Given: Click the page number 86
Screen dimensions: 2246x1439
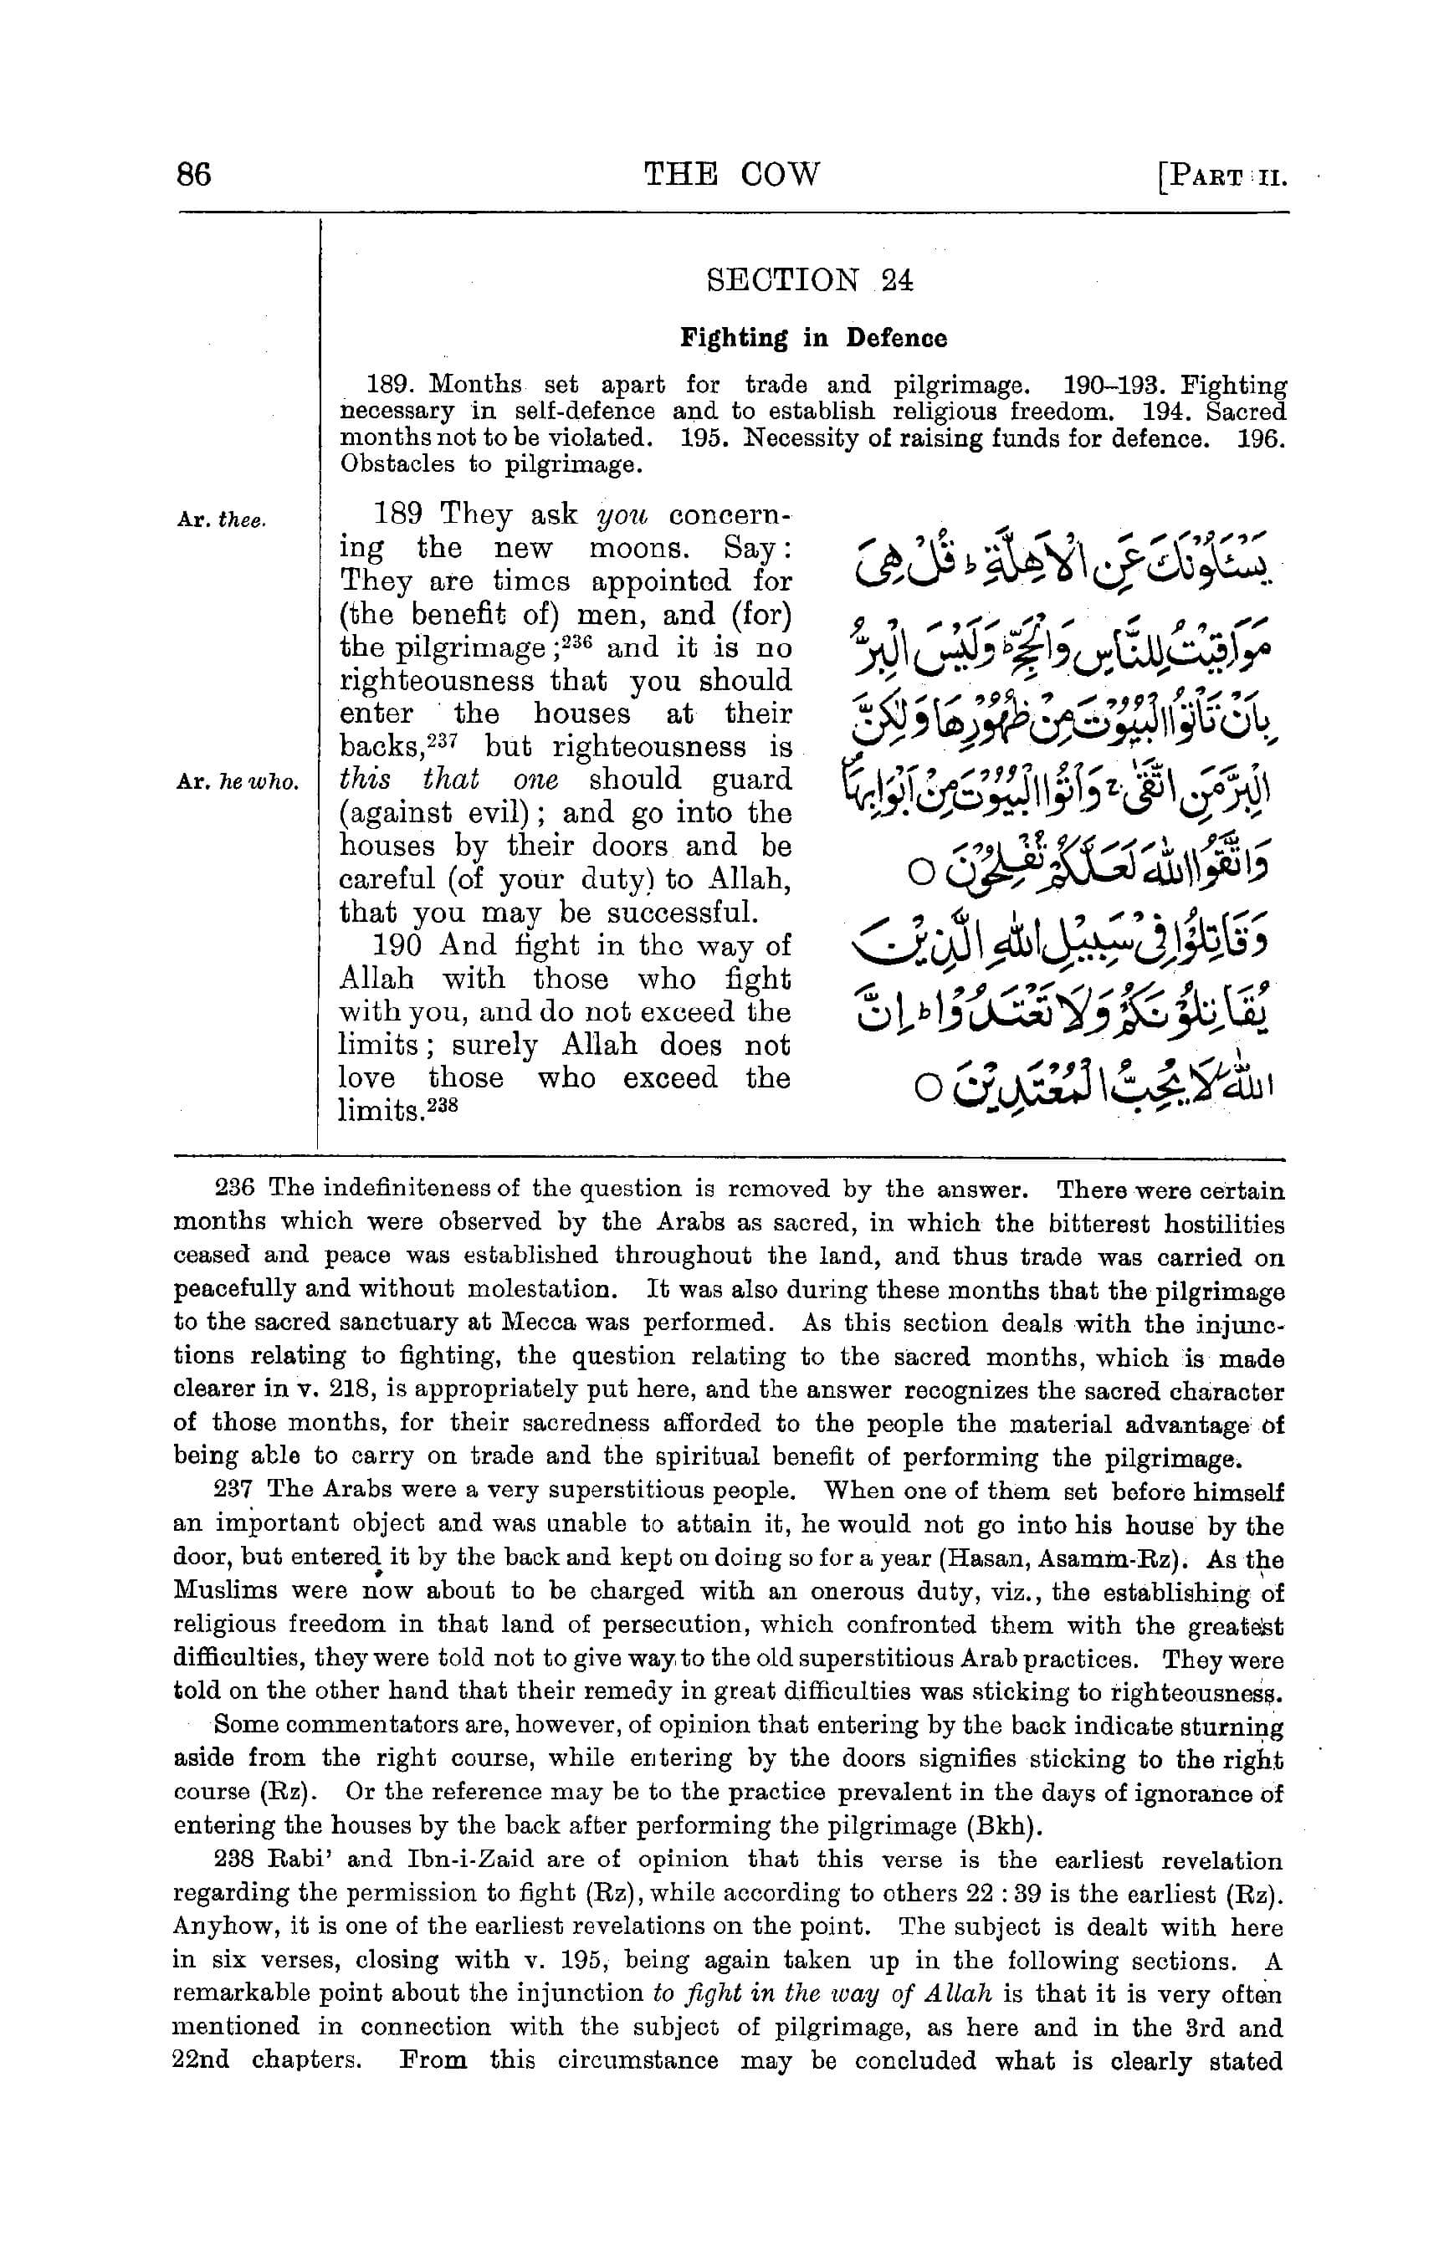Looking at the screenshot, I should click(x=193, y=175).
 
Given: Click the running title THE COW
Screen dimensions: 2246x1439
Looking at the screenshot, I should click(x=733, y=174).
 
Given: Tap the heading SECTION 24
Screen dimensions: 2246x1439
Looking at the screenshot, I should click(x=810, y=280).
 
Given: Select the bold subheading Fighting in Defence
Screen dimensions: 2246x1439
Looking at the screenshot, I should click(x=813, y=337).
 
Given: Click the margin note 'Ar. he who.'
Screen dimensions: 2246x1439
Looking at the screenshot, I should click(x=238, y=783).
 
